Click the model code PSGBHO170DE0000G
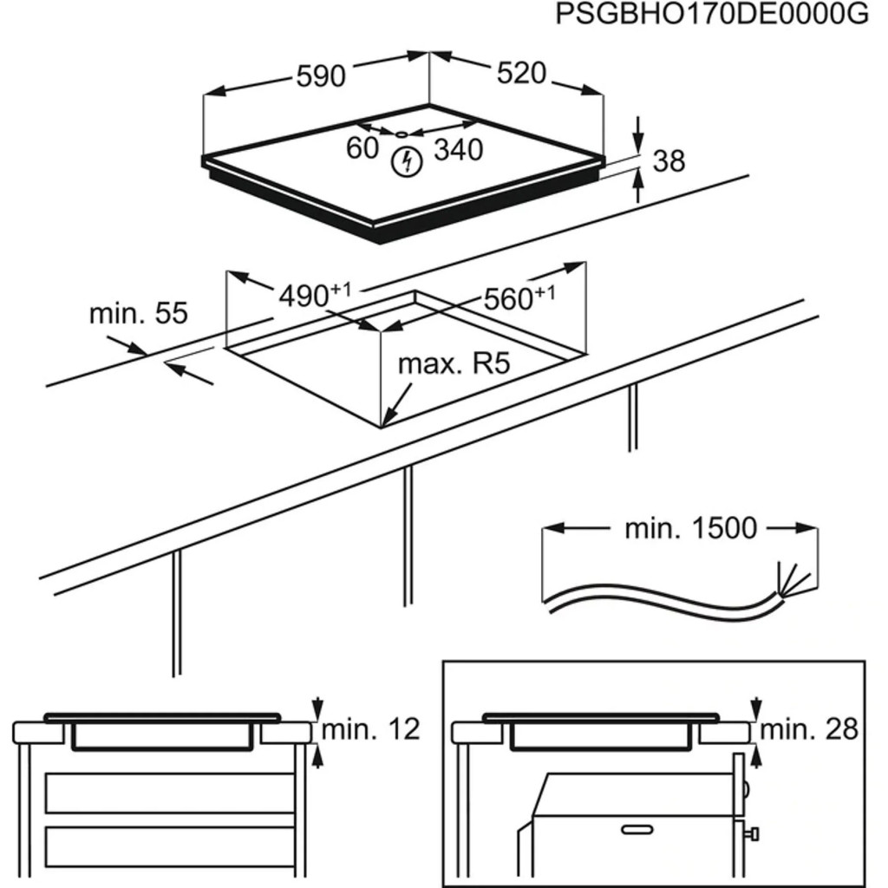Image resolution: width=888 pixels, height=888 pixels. coord(710,16)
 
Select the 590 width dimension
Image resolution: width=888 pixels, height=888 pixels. coord(321,76)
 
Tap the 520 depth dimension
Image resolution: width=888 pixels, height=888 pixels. coord(521,74)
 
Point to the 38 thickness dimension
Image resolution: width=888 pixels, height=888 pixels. coord(668,160)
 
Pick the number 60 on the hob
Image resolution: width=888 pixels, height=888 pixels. coord(362,148)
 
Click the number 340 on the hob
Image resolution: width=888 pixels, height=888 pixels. coord(458,150)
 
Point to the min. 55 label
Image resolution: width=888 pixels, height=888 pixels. coord(138,313)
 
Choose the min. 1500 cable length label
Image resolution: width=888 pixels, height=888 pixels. coord(690,528)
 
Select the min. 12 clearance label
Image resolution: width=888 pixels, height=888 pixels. coord(370,728)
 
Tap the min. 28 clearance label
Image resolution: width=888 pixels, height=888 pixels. coord(809,729)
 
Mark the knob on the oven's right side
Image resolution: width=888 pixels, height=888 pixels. coord(753,834)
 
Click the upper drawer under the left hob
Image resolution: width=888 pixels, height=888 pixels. coord(169,792)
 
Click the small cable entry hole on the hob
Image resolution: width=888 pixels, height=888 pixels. coord(401,134)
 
